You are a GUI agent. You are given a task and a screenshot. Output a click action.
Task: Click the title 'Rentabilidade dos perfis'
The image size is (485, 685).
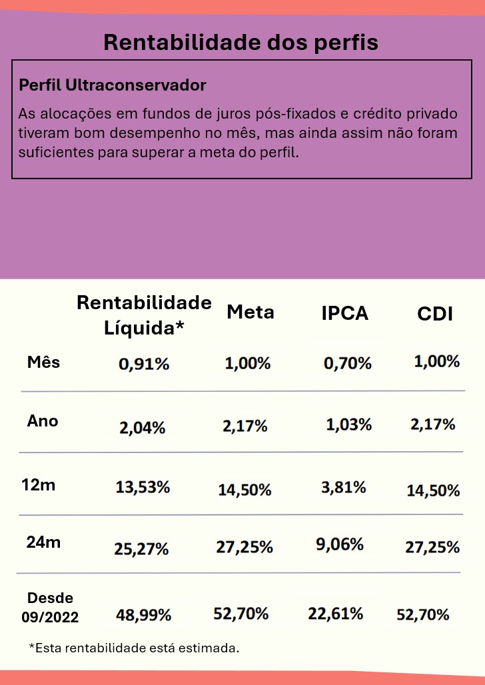241,43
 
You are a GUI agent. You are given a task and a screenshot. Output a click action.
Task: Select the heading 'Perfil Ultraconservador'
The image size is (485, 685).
113,85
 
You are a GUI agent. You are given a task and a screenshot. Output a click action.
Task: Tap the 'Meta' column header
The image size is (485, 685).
250,312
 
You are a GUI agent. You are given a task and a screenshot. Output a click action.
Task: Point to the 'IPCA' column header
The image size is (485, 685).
344,313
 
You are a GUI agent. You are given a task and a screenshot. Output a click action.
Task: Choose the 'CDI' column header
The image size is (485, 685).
435,314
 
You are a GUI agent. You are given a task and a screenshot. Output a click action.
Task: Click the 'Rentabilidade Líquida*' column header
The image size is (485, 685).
144,315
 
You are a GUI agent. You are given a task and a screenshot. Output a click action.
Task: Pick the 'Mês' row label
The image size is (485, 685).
43,362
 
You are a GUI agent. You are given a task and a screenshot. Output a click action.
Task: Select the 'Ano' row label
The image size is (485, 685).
43,421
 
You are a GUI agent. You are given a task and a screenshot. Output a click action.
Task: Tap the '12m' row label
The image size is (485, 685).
39,485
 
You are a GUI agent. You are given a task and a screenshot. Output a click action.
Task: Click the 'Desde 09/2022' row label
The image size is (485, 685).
49,608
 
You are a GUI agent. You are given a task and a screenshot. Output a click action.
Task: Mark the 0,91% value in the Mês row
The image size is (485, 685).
144,364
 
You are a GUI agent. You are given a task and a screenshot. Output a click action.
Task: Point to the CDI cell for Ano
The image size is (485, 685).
433,424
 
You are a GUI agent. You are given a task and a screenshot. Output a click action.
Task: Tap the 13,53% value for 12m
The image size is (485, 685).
143,487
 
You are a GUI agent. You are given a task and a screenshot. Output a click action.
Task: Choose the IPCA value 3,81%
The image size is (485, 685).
344,487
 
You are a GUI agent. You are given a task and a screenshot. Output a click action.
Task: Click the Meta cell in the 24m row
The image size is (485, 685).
244,547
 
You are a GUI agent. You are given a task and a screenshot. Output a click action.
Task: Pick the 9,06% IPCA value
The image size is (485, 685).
340,544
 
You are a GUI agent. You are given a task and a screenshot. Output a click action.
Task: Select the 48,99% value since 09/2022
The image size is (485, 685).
144,615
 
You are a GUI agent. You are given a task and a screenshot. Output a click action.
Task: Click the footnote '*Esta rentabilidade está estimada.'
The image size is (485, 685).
133,648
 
